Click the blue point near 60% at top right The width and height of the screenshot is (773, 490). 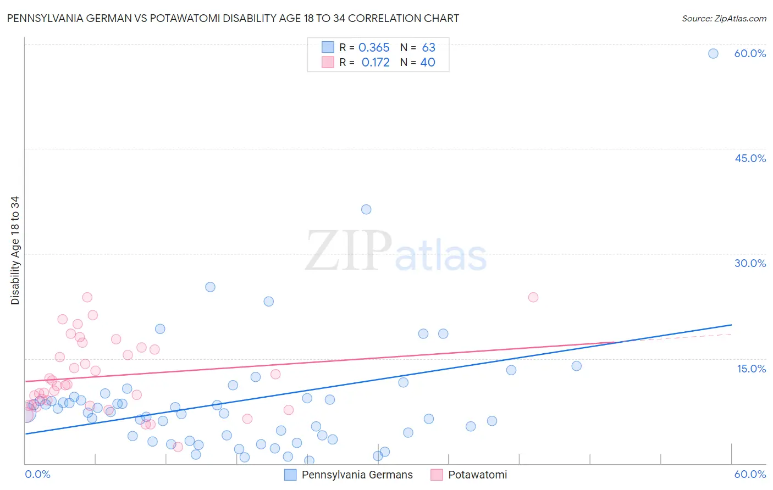tap(713, 53)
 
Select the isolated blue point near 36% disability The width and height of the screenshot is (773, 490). tap(366, 209)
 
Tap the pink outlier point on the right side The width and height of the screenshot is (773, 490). tap(533, 297)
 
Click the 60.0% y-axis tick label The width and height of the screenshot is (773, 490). tap(750, 53)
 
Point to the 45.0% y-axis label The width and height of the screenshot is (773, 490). tap(750, 158)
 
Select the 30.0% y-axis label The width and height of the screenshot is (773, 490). tap(750, 263)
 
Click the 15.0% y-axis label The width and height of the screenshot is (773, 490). tap(751, 369)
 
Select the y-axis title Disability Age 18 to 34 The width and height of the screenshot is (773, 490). tap(15, 250)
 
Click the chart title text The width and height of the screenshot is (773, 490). tap(233, 18)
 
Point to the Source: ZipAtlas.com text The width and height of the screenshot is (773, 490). tap(724, 18)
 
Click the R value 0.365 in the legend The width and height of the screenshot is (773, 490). tap(374, 48)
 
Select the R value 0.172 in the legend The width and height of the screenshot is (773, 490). tap(376, 63)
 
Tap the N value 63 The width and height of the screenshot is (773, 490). tap(428, 48)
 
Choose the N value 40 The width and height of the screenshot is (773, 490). tap(428, 63)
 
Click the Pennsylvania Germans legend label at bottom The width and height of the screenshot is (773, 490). tap(357, 475)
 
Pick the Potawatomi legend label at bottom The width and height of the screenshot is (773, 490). tap(477, 475)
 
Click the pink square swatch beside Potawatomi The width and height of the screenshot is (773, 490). tap(437, 475)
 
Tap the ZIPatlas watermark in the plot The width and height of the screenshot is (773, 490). tap(396, 252)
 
